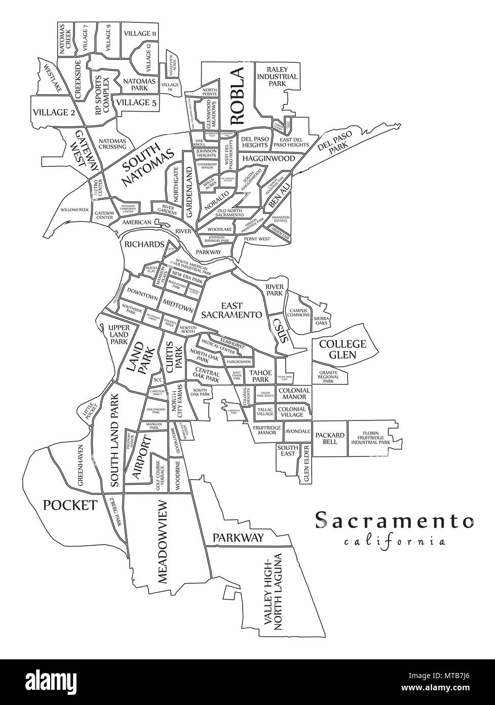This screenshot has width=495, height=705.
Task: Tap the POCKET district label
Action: click(70, 505)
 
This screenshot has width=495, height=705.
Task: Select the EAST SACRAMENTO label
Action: click(232, 310)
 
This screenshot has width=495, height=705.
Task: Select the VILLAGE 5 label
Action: click(136, 102)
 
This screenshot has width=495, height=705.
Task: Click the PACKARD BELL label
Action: click(330, 439)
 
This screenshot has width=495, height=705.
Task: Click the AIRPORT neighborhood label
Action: click(142, 456)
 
